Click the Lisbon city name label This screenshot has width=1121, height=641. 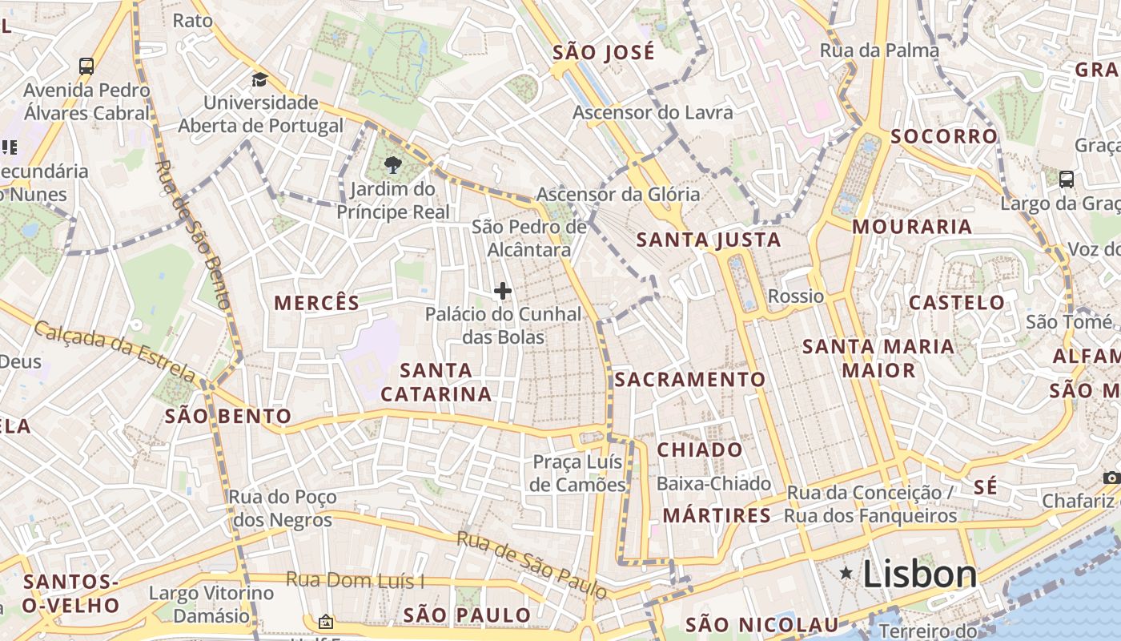tap(920, 574)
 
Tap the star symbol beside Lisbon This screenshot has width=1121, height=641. tap(846, 573)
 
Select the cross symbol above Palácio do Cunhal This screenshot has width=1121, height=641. tap(503, 291)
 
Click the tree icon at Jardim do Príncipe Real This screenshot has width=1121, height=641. tap(392, 166)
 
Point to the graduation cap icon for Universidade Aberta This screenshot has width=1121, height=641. tap(259, 79)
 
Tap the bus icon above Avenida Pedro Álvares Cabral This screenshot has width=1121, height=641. tap(86, 67)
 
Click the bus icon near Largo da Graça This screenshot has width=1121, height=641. tap(1067, 179)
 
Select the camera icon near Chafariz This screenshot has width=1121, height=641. tap(1111, 478)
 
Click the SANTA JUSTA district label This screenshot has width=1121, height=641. tap(708, 240)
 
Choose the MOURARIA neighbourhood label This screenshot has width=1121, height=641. tap(912, 227)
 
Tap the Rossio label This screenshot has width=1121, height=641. tap(796, 296)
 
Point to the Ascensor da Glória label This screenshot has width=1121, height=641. tap(618, 195)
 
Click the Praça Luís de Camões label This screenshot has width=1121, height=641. tap(578, 474)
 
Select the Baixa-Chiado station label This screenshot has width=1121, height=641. tap(713, 484)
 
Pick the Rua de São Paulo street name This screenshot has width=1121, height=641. tap(532, 564)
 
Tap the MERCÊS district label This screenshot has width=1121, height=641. tap(317, 303)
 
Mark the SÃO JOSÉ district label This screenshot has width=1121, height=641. tap(604, 53)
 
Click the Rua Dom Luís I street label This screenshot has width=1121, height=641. tap(354, 580)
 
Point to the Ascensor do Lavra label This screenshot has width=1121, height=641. tap(653, 113)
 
